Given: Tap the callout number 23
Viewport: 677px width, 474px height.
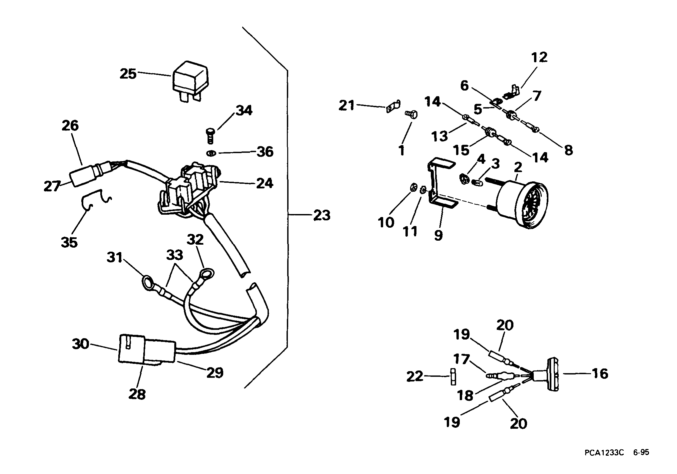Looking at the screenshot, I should (x=322, y=215).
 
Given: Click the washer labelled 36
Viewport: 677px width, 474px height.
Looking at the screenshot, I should (x=211, y=153).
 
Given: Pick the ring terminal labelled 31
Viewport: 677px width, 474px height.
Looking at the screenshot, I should (x=148, y=282).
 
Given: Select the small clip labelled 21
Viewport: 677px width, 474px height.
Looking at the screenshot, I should (x=393, y=107).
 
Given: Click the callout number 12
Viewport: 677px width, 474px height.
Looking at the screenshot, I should (x=539, y=58).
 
